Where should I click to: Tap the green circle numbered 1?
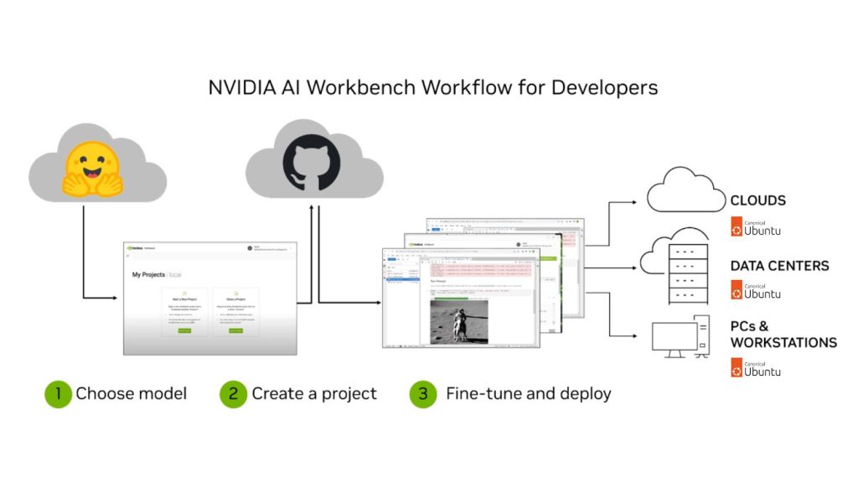(x=58, y=393)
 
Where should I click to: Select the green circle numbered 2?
(x=233, y=393)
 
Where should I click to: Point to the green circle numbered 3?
(x=423, y=393)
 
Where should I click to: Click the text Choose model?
(x=132, y=393)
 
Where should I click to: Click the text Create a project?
(x=314, y=393)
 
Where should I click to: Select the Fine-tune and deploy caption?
(x=528, y=393)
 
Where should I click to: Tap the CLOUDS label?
(x=757, y=201)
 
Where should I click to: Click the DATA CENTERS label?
(x=779, y=266)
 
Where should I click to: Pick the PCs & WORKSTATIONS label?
(x=783, y=334)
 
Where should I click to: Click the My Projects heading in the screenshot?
(x=149, y=274)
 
